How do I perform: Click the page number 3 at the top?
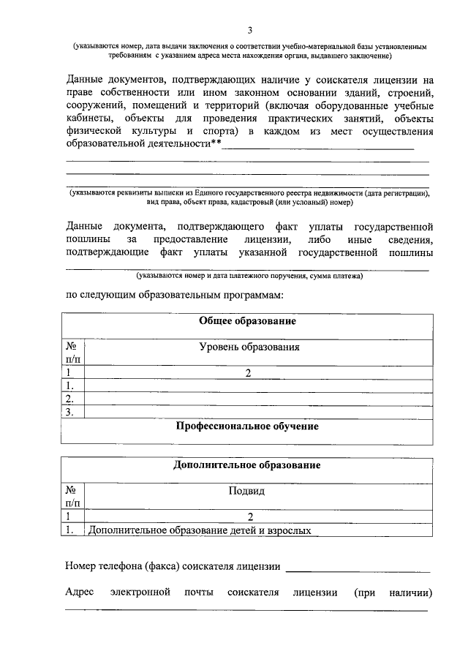click(x=249, y=30)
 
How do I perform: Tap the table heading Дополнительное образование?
click(x=246, y=465)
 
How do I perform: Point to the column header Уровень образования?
click(x=249, y=347)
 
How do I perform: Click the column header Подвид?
click(x=249, y=492)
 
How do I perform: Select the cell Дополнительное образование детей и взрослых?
click(x=200, y=531)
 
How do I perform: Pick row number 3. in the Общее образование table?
click(x=71, y=413)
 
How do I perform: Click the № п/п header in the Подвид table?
click(x=73, y=497)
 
